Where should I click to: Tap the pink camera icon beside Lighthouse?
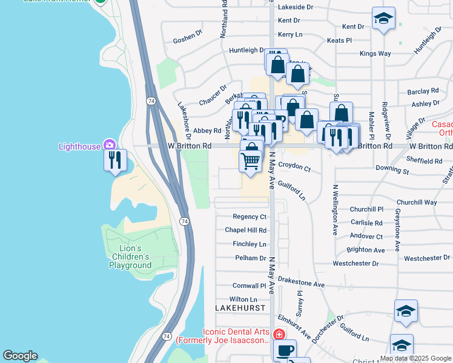(109, 144)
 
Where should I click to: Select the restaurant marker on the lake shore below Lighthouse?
(115, 160)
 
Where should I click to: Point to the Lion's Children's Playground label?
(130, 257)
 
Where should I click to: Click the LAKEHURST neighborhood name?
(241, 308)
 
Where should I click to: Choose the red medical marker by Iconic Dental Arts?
(279, 335)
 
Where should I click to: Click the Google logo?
(20, 356)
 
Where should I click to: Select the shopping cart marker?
(251, 160)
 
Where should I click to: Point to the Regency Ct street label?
(250, 217)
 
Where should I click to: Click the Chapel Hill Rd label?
(246, 231)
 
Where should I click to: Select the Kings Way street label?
(375, 54)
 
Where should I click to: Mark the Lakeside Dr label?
(295, 7)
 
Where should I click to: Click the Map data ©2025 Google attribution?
(415, 358)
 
